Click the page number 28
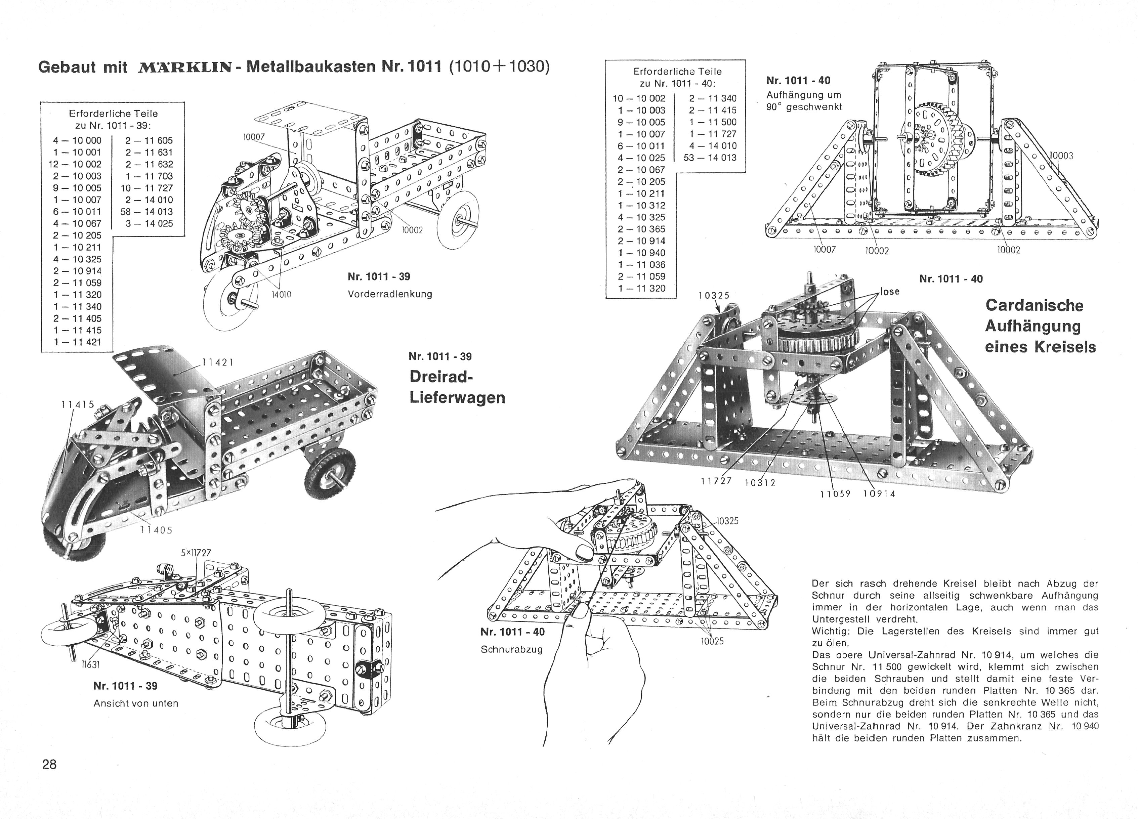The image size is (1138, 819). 50,764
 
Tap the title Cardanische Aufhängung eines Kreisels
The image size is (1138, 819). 1040,326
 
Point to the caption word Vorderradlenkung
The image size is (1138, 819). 390,294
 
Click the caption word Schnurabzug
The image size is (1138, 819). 512,649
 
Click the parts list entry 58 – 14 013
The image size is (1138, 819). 146,212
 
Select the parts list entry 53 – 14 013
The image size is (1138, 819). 710,158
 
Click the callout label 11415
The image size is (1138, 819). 78,404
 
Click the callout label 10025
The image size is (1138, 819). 712,641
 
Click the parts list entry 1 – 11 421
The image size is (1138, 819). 77,342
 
